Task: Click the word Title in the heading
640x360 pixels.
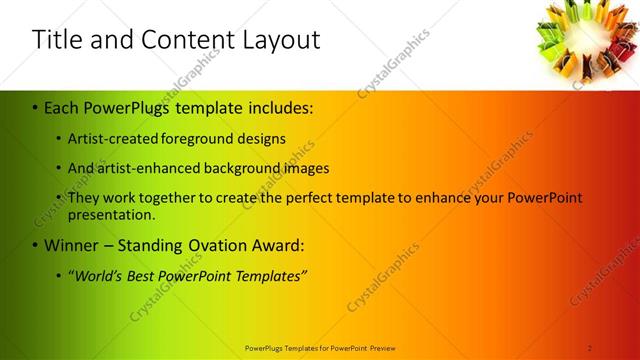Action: [x=59, y=40]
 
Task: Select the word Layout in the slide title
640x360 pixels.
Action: [x=276, y=40]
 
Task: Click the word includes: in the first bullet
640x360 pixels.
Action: [x=277, y=106]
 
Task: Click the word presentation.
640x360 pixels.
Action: [x=111, y=214]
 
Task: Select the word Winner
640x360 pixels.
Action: [x=70, y=245]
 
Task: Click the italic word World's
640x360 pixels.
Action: [x=98, y=275]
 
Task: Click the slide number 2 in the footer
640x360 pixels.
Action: [x=590, y=348]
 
